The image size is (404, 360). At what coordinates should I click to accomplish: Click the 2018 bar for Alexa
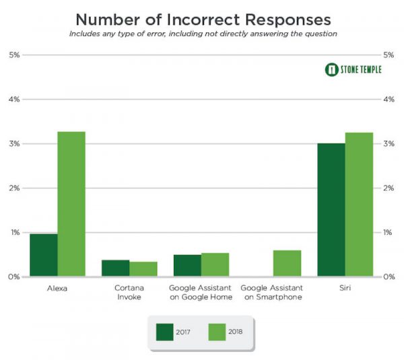(x=71, y=204)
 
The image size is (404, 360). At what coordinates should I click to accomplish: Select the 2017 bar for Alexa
(x=44, y=255)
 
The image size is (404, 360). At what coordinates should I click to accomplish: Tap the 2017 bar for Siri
(x=331, y=210)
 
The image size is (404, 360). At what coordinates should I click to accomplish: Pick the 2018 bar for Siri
(x=359, y=205)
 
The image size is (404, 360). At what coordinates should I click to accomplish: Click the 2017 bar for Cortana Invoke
(x=115, y=268)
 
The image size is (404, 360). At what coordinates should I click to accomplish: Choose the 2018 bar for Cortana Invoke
(x=143, y=268)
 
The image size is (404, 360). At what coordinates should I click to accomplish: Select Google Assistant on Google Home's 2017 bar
(x=187, y=265)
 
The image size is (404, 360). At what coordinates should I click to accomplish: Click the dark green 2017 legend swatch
(x=165, y=331)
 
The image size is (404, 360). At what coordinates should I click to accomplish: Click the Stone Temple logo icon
(x=331, y=69)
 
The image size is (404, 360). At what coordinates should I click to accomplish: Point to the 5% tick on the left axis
(x=13, y=55)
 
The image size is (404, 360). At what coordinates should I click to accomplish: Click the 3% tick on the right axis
(x=389, y=144)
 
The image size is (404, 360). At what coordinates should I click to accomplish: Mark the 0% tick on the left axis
(x=13, y=277)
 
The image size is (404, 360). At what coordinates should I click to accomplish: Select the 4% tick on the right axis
(x=389, y=100)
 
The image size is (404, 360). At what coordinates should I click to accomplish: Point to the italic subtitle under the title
(x=201, y=33)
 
